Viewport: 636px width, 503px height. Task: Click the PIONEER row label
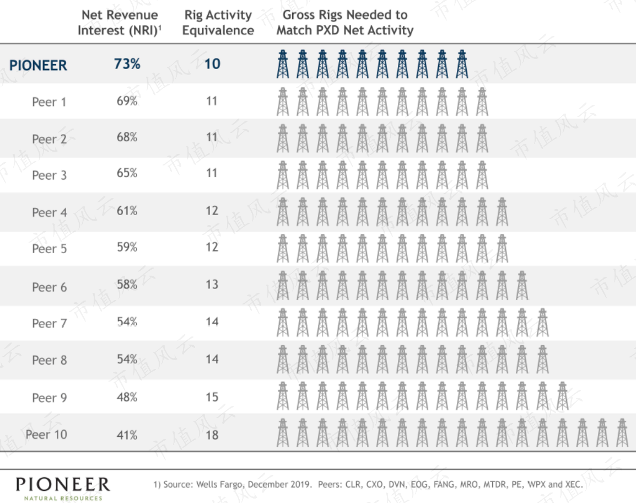pos(38,66)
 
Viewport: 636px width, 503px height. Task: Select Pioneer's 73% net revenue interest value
pos(127,64)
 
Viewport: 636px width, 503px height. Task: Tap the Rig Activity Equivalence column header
pos(218,22)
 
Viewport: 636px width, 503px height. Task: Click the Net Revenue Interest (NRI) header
pos(120,22)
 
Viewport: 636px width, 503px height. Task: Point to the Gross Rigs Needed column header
pos(345,22)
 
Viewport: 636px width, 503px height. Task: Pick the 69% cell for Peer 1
pos(127,101)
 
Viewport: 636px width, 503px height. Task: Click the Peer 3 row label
pos(49,175)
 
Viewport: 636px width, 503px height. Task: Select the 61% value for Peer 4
pos(127,211)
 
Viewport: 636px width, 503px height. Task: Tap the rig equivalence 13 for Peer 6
pos(212,284)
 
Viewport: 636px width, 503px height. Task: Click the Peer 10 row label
pos(46,435)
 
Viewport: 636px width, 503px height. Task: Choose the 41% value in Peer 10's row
pos(127,435)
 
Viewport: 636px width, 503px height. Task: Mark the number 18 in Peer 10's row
pos(212,435)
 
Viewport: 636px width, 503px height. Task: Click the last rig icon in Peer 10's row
pos(622,433)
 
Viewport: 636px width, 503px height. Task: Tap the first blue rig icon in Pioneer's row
pos(283,64)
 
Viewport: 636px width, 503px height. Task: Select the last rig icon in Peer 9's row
pos(562,396)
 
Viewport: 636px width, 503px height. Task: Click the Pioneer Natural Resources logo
pos(63,489)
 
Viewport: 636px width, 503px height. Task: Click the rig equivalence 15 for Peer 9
pos(212,397)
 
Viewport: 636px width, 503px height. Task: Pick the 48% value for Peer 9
pos(127,397)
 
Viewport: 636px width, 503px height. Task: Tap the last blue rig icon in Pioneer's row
pos(462,64)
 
